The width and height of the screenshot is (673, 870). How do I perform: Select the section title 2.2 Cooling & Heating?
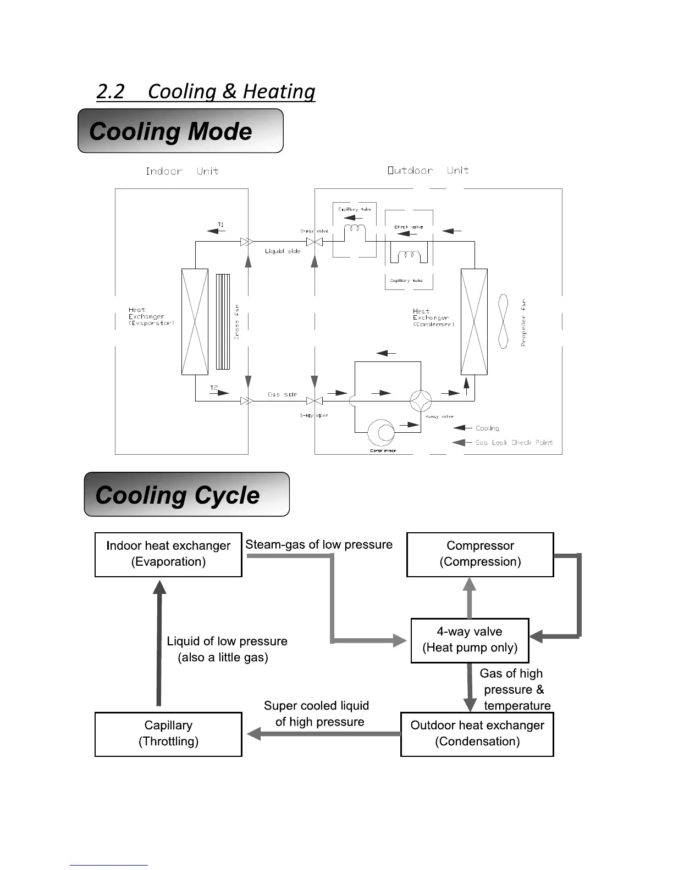(206, 91)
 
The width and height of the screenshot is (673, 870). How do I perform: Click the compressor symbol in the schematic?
(381, 433)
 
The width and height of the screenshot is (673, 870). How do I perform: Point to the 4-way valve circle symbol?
(421, 401)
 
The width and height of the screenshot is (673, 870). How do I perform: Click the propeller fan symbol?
(503, 322)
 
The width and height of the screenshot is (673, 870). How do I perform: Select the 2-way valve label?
(314, 231)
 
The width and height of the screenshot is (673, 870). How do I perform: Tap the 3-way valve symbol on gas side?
(314, 401)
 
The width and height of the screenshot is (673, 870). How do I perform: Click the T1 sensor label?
(220, 225)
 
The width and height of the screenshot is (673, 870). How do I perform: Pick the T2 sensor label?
(214, 388)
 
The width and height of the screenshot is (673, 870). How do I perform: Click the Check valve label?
(409, 227)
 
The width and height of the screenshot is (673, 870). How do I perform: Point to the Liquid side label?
(283, 251)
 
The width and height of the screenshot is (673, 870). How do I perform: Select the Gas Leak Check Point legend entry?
(514, 443)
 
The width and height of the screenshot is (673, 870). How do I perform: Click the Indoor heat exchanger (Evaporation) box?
(168, 554)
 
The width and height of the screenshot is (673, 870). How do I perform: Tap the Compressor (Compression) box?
(479, 554)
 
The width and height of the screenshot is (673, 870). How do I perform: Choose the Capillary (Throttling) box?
(168, 734)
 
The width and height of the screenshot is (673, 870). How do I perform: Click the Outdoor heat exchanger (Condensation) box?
(477, 734)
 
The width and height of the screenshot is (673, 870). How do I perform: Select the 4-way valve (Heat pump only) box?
(470, 640)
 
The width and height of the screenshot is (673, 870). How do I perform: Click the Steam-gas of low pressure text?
(319, 544)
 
